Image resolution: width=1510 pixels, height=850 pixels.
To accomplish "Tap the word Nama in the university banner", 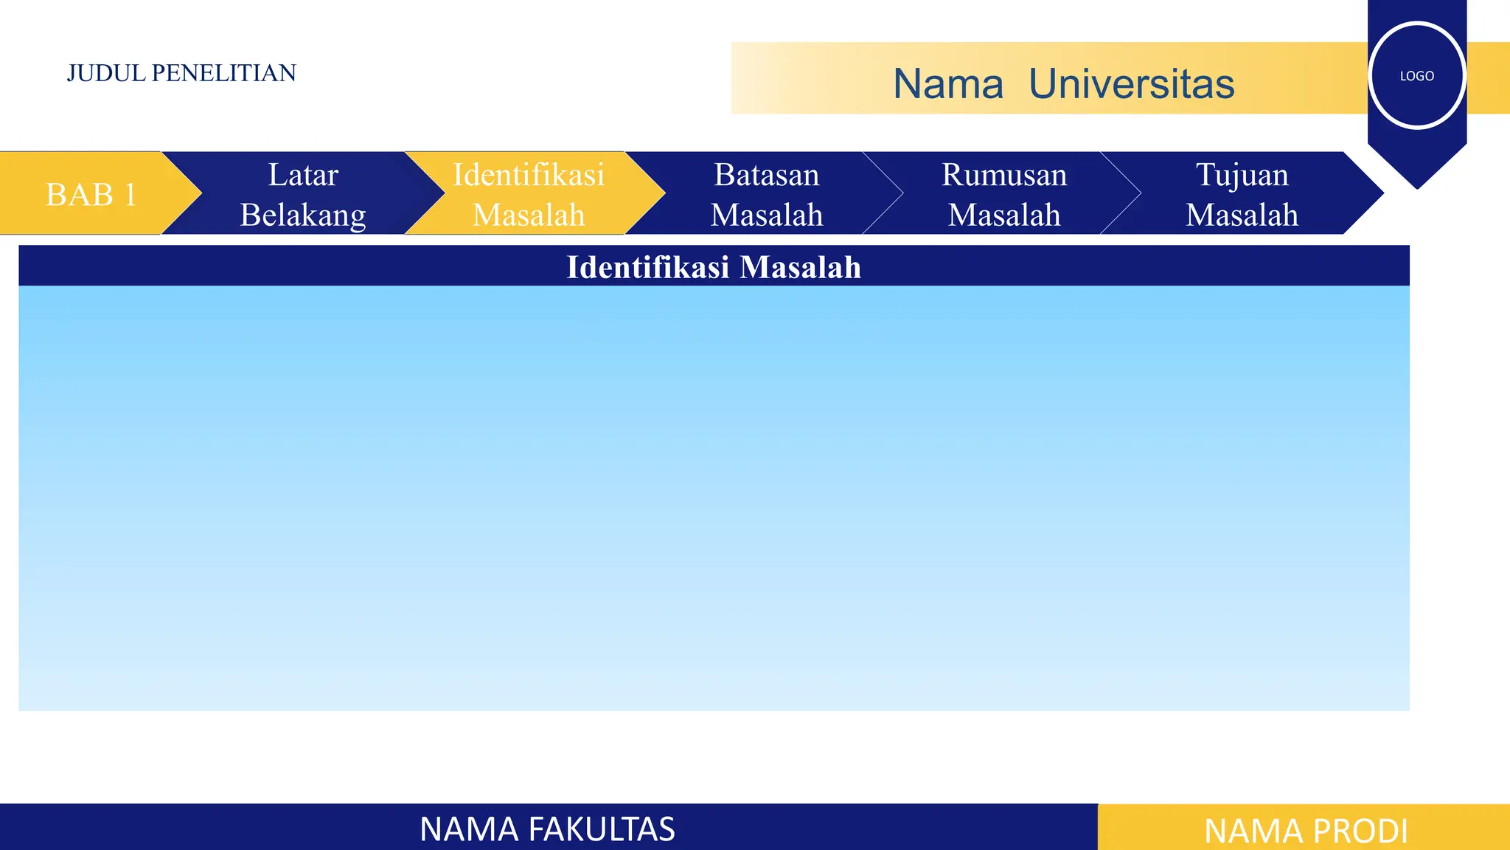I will (x=948, y=83).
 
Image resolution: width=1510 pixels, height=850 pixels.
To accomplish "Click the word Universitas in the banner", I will (x=1131, y=83).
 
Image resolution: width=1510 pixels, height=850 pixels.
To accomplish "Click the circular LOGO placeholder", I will (x=1416, y=75).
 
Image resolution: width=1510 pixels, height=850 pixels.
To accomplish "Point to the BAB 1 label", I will (x=91, y=195).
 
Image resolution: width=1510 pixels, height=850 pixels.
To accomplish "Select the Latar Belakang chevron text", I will (x=303, y=195).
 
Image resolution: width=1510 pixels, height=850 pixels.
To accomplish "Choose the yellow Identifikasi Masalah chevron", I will (x=529, y=195).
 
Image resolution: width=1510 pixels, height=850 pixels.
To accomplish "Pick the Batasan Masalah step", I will (x=766, y=195).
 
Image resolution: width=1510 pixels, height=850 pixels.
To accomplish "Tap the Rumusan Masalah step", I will (x=1004, y=195).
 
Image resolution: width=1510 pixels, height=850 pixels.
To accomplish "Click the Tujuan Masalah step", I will (x=1242, y=195).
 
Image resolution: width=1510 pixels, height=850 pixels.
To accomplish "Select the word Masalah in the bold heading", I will (x=800, y=267).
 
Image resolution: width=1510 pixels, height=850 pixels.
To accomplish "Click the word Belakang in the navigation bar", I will (x=303, y=215).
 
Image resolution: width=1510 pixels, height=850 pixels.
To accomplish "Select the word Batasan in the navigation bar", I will (x=766, y=175).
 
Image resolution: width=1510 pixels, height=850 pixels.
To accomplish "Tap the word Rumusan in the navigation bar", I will (x=1004, y=175).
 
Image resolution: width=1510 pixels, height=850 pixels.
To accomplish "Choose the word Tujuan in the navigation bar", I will (x=1242, y=175).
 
